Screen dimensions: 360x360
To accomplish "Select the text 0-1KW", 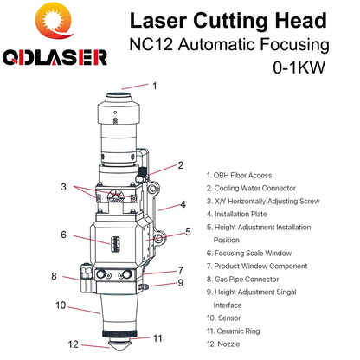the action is point(299,67).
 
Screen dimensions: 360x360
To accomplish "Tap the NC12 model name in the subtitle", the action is point(151,45).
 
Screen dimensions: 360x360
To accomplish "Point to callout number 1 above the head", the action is point(155,86).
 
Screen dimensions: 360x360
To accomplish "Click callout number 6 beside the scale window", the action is point(64,235).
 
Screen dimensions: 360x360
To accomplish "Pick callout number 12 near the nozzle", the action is point(74,344).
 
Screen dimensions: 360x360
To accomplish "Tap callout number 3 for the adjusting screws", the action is point(64,187).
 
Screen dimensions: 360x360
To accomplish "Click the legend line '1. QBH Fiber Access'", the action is point(239,176).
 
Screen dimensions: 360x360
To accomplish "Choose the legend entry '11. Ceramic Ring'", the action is point(233,331).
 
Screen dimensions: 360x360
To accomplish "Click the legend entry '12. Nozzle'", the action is point(223,344).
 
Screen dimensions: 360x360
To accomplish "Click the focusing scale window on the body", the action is point(115,244).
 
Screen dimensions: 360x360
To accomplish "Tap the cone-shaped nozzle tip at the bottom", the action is point(120,344).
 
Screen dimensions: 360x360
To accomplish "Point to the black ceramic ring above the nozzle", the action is point(120,334).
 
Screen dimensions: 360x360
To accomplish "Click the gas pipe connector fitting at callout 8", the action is point(87,277).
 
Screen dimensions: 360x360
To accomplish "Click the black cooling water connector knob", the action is point(141,172).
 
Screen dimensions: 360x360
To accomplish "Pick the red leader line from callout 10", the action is point(84,310).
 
